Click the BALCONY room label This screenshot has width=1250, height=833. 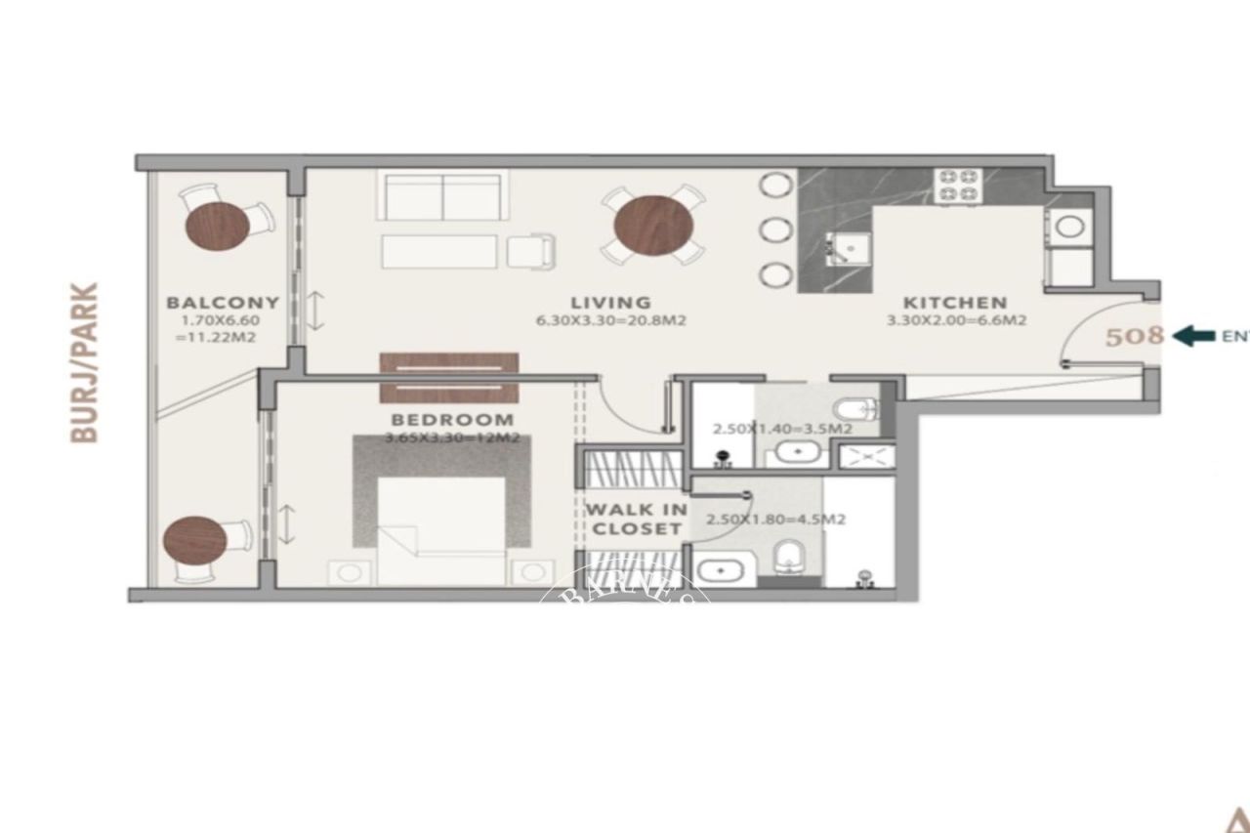(x=223, y=303)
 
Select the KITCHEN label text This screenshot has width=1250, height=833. (x=954, y=303)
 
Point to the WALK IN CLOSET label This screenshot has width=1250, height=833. (x=635, y=520)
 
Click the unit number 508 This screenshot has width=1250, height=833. (x=1134, y=337)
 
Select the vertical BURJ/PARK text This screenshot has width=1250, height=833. (x=86, y=363)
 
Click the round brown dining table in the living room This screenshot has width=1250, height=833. (x=653, y=227)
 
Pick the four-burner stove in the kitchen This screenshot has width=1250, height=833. (x=958, y=186)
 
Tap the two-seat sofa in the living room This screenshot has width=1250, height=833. (x=442, y=197)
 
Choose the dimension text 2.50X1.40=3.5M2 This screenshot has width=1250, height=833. (x=783, y=429)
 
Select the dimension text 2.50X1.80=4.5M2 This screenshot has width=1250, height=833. (x=775, y=520)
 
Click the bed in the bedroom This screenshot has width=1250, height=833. (x=441, y=527)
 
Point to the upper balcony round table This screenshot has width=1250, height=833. (x=217, y=226)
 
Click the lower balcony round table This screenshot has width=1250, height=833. (x=194, y=540)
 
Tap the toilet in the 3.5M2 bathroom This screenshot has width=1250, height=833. (x=861, y=407)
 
